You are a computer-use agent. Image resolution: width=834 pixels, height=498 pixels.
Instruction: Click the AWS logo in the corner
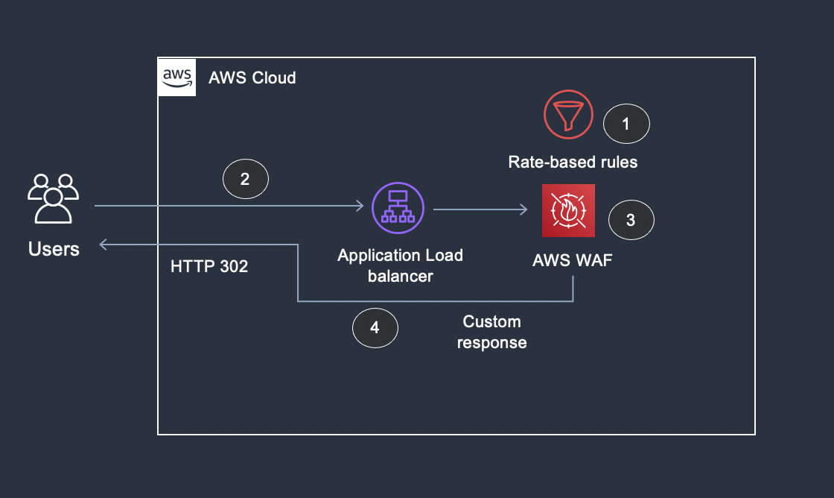pyautogui.click(x=177, y=77)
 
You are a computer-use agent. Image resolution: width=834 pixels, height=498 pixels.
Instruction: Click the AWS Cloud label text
pyautogui.click(x=252, y=78)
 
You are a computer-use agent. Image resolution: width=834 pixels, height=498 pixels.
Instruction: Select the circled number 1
pyautogui.click(x=625, y=125)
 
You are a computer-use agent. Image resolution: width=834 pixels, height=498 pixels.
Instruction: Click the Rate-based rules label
pyautogui.click(x=573, y=162)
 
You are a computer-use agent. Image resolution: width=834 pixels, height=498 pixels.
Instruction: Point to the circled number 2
pyautogui.click(x=245, y=180)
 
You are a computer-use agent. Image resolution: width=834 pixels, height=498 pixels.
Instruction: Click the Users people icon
pyautogui.click(x=53, y=198)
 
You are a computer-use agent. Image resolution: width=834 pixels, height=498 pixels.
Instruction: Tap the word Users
pyautogui.click(x=54, y=249)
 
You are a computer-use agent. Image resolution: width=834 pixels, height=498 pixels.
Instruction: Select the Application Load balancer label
pyautogui.click(x=400, y=265)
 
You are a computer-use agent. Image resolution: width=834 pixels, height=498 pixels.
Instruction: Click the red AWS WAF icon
pyautogui.click(x=569, y=210)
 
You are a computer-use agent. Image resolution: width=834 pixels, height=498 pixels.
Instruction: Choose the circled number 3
pyautogui.click(x=631, y=220)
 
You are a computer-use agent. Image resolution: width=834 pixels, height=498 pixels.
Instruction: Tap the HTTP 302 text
pyautogui.click(x=209, y=267)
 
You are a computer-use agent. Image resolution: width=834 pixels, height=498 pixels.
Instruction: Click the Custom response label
pyautogui.click(x=491, y=332)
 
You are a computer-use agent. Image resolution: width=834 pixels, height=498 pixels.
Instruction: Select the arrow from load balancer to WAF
pyautogui.click(x=480, y=210)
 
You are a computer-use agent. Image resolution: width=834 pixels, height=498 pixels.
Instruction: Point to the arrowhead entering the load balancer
pyautogui.click(x=359, y=207)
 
